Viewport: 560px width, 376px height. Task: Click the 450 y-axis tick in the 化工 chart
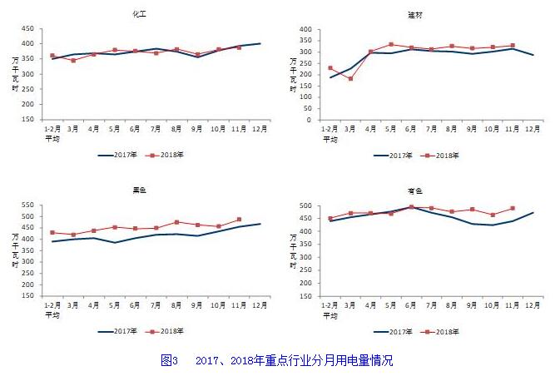click(x=27, y=28)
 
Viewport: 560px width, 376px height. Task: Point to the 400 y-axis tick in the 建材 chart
click(x=305, y=29)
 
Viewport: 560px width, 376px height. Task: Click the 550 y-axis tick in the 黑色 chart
click(x=27, y=205)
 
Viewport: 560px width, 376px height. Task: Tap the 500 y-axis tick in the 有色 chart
click(x=305, y=205)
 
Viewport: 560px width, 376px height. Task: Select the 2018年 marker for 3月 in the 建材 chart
click(x=350, y=79)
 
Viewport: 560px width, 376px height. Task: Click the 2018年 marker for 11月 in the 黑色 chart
click(x=240, y=220)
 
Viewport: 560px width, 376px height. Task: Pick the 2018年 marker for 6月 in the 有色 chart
click(x=411, y=207)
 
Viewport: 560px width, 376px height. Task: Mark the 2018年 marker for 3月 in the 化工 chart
click(x=73, y=61)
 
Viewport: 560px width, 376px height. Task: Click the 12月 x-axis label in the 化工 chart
click(x=260, y=130)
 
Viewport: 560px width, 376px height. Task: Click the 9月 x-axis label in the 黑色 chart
click(x=198, y=306)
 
